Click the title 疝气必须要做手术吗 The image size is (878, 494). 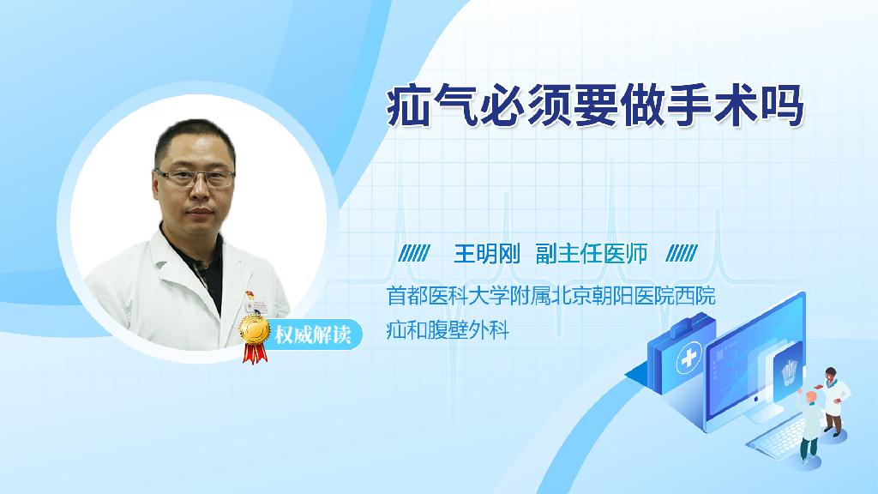click(595, 105)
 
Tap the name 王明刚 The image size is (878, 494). click(487, 254)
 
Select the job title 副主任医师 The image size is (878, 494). click(592, 254)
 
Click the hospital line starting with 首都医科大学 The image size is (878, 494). click(551, 296)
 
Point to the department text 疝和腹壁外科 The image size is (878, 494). click(448, 330)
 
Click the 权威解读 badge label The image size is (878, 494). click(313, 335)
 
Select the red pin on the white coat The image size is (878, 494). click(250, 295)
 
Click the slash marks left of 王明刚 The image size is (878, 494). click(414, 253)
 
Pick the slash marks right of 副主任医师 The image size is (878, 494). click(682, 253)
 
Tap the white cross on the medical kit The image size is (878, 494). click(689, 358)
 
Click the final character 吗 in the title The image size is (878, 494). click(782, 105)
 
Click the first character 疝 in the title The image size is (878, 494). click(409, 105)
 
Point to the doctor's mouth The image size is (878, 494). click(200, 213)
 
